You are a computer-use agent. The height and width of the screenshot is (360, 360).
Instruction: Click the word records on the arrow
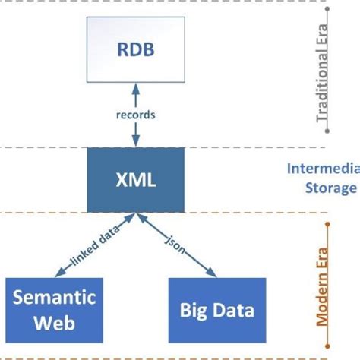[x=136, y=115]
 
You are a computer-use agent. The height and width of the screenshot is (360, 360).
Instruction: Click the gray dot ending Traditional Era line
[x=327, y=131]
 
